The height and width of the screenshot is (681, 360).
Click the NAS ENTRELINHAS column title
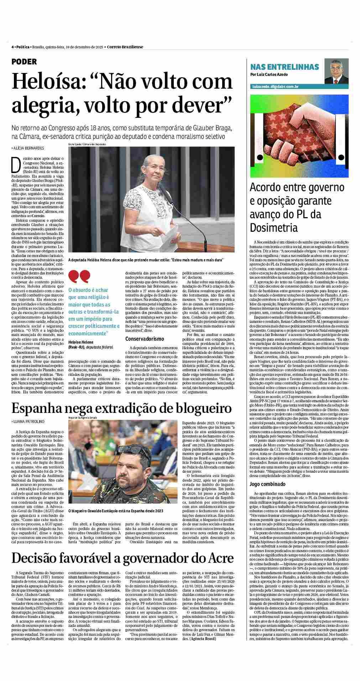coord(289,67)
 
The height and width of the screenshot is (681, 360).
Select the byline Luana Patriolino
coord(28,421)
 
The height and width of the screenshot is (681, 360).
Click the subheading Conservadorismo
coord(145,339)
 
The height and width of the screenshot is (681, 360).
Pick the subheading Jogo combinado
coord(270,484)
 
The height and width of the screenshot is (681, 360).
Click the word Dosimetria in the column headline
coord(273,227)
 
